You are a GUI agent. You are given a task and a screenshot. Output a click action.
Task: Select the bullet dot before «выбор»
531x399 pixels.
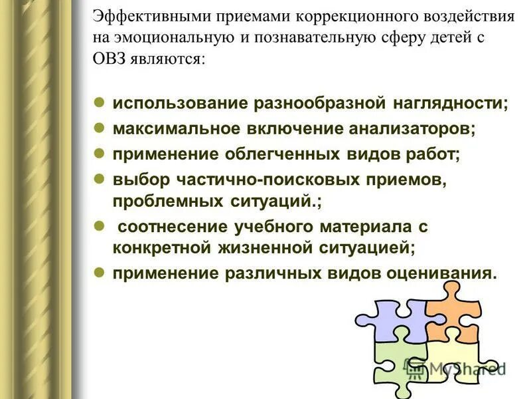point(98,178)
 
